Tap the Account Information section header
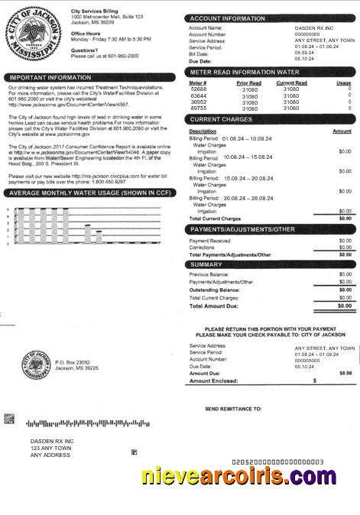[228, 18]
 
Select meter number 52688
[198, 89]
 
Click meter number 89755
[198, 109]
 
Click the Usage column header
[343, 83]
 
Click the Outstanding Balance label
[219, 290]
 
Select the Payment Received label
[209, 241]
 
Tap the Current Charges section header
[221, 120]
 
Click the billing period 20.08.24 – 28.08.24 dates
[248, 197]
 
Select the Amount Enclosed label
[213, 380]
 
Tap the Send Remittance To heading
[233, 409]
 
